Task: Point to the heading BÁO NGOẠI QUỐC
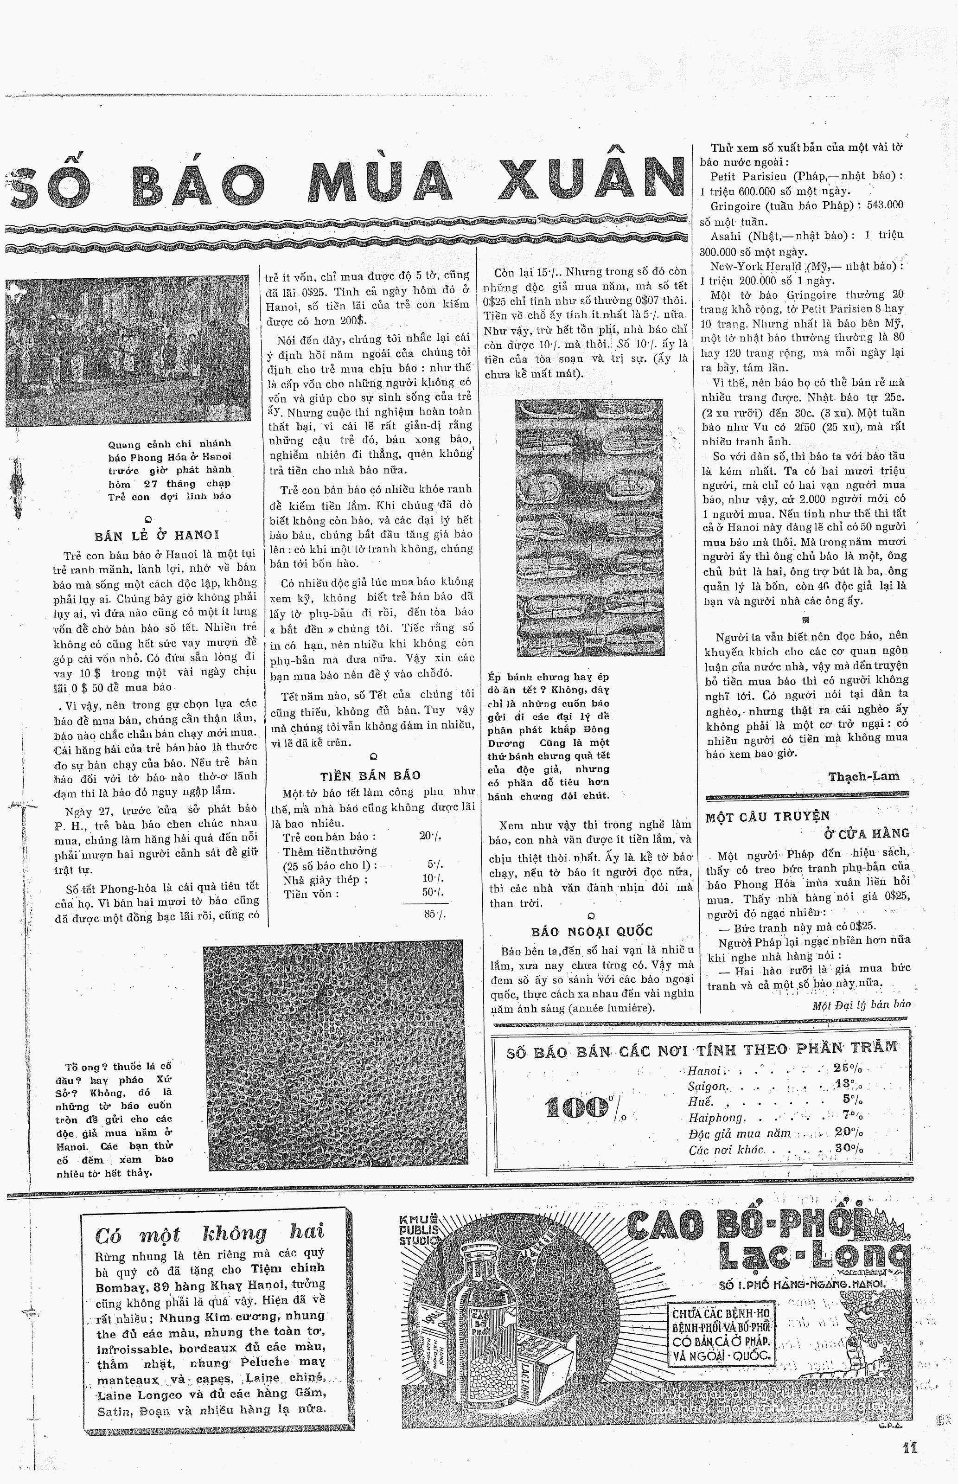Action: (x=592, y=931)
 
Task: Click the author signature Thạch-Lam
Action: (x=863, y=776)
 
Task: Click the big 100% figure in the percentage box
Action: (x=577, y=1108)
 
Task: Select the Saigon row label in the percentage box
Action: (x=707, y=1086)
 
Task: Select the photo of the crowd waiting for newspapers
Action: (x=128, y=352)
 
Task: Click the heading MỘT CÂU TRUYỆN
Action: (x=767, y=817)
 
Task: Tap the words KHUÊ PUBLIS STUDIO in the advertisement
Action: (x=419, y=1229)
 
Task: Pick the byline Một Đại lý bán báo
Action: (x=861, y=1004)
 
